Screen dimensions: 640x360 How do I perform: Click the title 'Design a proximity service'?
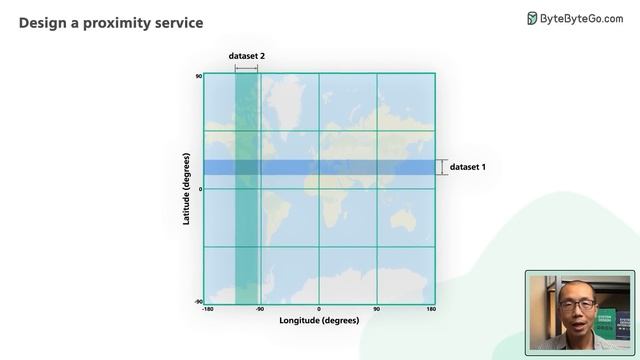(x=110, y=22)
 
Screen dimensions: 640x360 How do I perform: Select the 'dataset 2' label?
(x=247, y=57)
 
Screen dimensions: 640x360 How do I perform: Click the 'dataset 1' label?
(x=467, y=167)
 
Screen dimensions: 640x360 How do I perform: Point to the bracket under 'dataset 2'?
(x=246, y=68)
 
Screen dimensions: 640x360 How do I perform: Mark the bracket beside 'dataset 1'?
(x=441, y=167)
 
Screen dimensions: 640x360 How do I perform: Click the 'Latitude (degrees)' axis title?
(x=187, y=188)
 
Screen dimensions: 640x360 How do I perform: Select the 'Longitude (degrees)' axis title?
(x=319, y=321)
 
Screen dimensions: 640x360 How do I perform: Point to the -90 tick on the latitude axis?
(x=198, y=301)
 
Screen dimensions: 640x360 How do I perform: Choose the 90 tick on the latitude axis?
(x=199, y=76)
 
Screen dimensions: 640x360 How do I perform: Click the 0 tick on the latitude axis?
(x=200, y=188)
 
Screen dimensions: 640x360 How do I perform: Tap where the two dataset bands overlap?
(x=246, y=167)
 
